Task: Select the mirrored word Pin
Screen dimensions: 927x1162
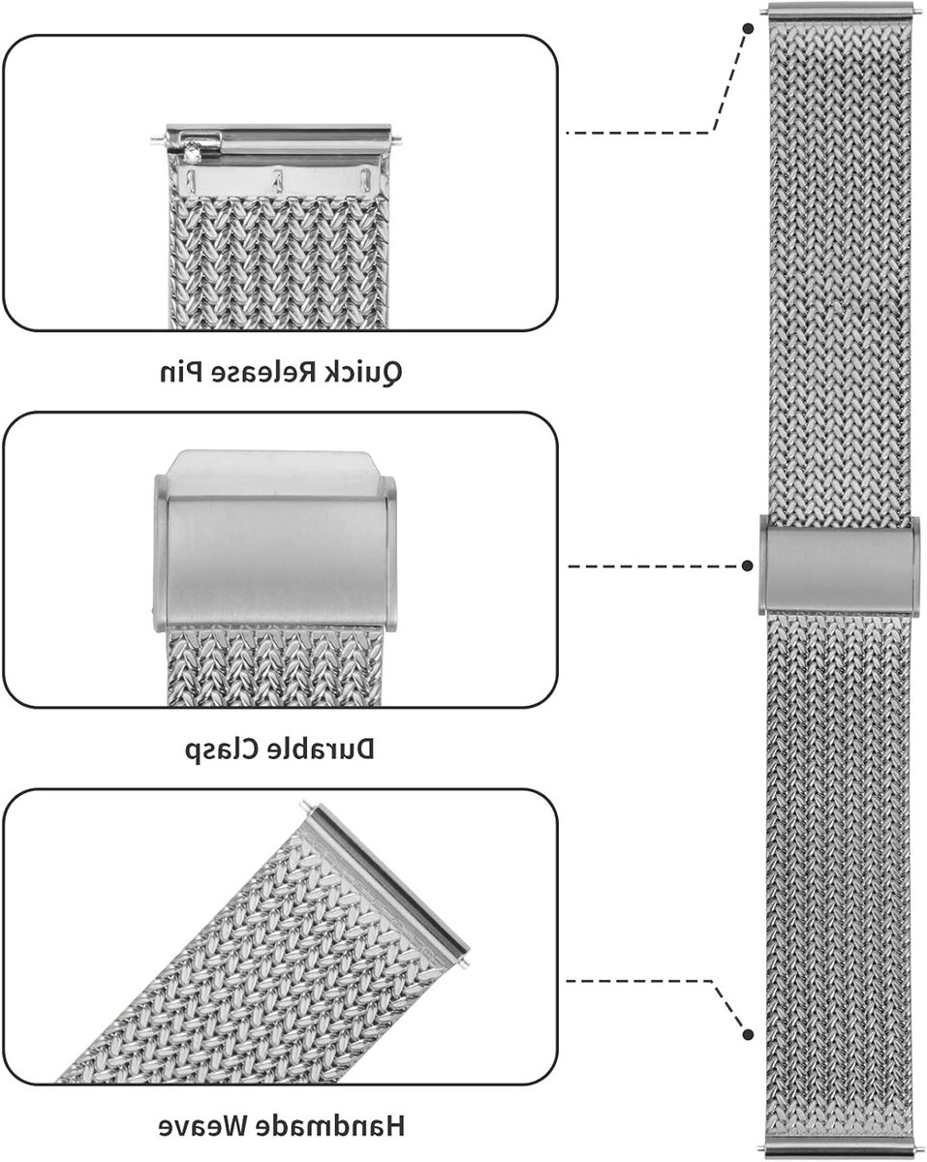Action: click(181, 372)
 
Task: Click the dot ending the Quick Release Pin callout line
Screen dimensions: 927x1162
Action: click(748, 29)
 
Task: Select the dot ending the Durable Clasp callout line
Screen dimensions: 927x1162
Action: click(748, 566)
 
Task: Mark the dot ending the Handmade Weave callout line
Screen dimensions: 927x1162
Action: click(748, 1034)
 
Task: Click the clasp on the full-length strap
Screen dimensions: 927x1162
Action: click(839, 566)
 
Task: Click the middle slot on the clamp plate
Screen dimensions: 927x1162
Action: click(278, 180)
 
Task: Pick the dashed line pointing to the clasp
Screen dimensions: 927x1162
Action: click(654, 566)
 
